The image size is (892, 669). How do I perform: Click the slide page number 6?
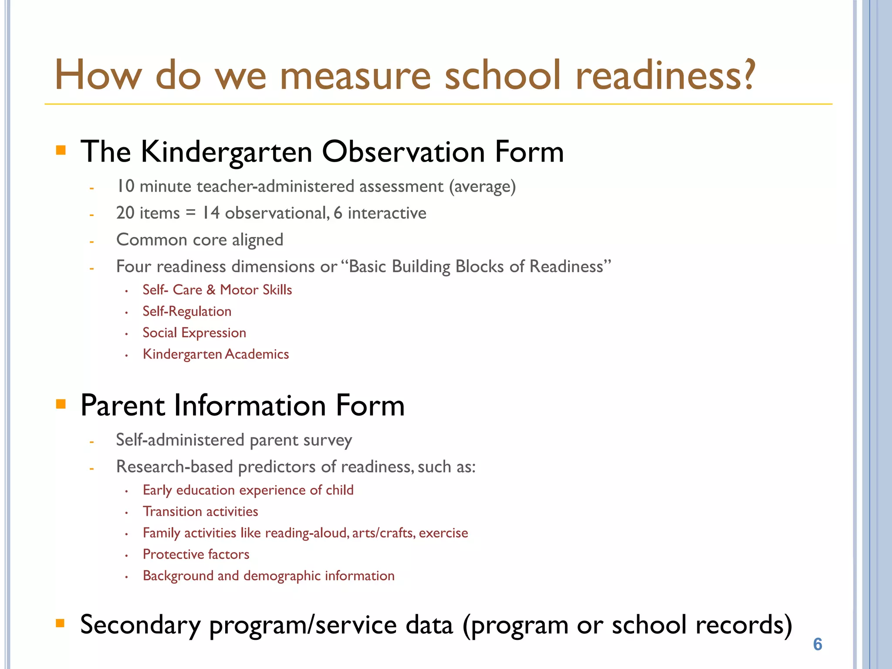coord(818,644)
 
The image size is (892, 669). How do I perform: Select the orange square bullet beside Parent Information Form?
coord(61,404)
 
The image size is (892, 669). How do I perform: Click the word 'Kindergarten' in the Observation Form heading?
coord(226,152)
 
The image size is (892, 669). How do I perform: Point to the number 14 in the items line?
coord(211,213)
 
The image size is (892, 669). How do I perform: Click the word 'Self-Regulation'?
coord(187,311)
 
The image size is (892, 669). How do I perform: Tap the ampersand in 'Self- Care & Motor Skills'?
coord(211,290)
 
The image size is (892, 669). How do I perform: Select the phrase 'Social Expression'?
coord(194,333)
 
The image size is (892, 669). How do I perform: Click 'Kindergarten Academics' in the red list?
coord(216,354)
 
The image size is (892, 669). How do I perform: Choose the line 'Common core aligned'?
coord(199,240)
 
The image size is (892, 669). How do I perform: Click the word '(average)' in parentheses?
coord(483,187)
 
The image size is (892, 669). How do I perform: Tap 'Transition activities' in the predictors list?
coord(200,511)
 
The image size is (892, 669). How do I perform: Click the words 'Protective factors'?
coord(196,554)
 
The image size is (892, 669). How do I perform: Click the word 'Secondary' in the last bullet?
coord(140,625)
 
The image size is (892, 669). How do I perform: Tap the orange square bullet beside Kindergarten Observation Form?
coord(61,151)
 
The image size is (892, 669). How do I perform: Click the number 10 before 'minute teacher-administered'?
coord(125,186)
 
